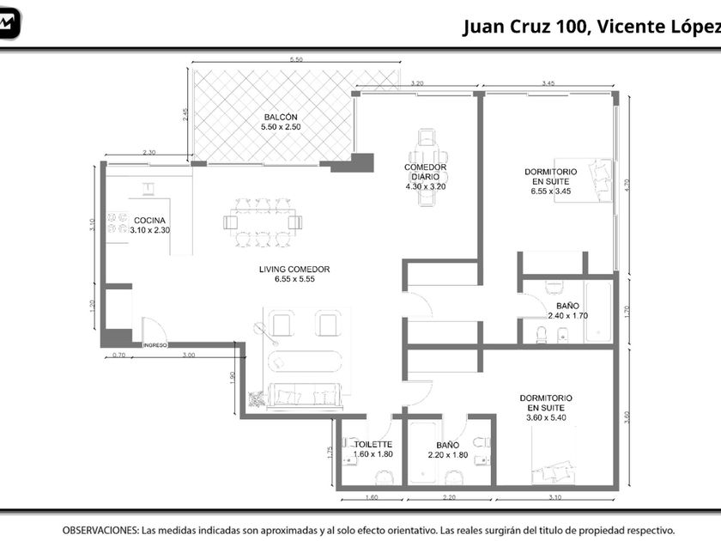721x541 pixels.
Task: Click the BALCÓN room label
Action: [281, 118]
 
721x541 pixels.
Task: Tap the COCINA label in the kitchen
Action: [149, 221]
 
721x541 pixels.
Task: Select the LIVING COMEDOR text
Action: [294, 269]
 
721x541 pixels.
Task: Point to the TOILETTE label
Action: [373, 445]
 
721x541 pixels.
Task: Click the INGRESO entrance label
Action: [155, 345]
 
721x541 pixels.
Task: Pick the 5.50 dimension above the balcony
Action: [296, 59]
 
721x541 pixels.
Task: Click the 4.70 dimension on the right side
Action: [627, 185]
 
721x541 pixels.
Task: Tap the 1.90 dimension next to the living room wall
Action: [233, 378]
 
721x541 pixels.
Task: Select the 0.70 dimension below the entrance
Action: [118, 356]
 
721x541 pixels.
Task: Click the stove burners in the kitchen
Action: [118, 222]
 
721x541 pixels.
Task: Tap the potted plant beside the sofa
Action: [257, 398]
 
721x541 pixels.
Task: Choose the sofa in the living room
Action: [305, 396]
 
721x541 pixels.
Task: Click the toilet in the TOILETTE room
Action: [384, 477]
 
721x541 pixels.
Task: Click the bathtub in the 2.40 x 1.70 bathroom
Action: [598, 312]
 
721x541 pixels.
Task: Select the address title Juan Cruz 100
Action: [525, 27]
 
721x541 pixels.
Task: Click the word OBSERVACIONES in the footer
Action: [100, 531]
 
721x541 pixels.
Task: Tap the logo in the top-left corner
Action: [9, 23]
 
